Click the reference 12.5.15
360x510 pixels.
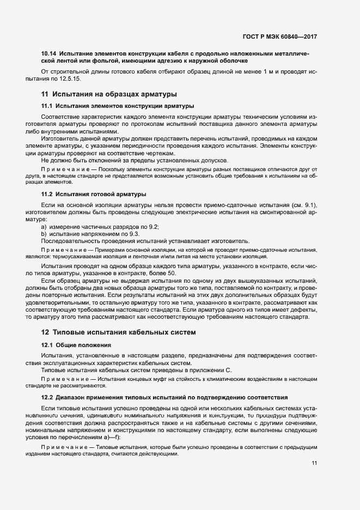pyautogui.click(x=69, y=79)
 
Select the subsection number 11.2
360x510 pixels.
pyautogui.click(x=47, y=194)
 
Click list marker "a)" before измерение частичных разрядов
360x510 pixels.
pyautogui.click(x=45, y=226)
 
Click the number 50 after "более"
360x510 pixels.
pyautogui.click(x=172, y=272)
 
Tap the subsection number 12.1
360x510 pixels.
pyautogui.click(x=47, y=344)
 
